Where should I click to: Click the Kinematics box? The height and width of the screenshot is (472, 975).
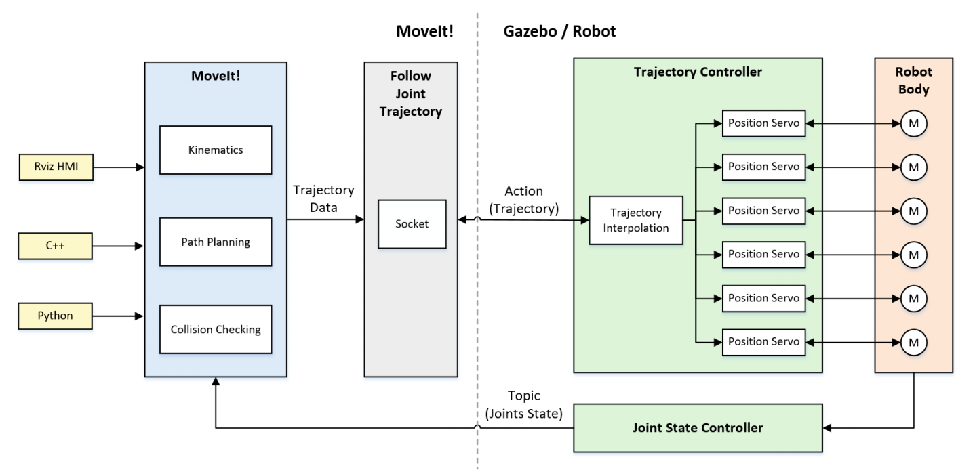click(x=216, y=150)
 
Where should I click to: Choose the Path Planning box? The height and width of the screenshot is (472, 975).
click(x=216, y=242)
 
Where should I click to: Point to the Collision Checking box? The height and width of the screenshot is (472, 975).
click(x=216, y=330)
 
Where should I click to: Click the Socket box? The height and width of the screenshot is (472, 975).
click(x=412, y=223)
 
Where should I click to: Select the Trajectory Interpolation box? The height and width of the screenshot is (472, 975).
click(x=635, y=221)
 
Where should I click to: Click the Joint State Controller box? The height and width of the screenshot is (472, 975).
click(x=698, y=428)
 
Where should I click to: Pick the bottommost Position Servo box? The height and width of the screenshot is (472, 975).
click(x=763, y=341)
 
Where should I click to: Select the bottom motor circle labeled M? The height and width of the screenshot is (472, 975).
click(x=913, y=341)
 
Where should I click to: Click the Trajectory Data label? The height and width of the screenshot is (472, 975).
click(x=323, y=199)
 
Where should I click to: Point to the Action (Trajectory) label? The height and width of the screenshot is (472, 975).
click(x=523, y=200)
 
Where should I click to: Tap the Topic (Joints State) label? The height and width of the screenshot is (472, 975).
click(x=523, y=405)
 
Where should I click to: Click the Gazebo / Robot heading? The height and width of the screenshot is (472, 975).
click(x=559, y=31)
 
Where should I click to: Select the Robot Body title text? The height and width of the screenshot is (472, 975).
click(x=913, y=80)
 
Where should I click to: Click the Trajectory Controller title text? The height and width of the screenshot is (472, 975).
click(x=698, y=72)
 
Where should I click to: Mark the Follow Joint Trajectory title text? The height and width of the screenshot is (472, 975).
click(x=411, y=93)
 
